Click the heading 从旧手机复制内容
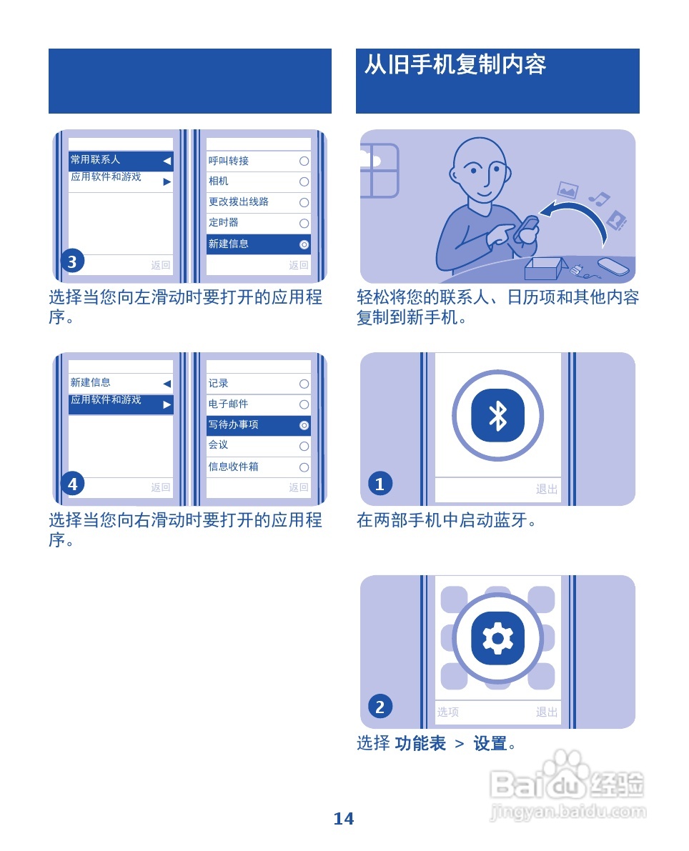click(x=455, y=65)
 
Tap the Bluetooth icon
click(x=497, y=415)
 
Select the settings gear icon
click(x=497, y=638)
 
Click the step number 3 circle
click(x=72, y=262)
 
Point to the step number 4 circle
click(x=72, y=484)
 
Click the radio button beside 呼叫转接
click(x=304, y=161)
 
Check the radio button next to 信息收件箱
click(x=304, y=467)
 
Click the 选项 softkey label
click(x=448, y=712)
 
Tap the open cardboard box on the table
click(x=545, y=269)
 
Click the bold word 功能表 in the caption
click(x=420, y=744)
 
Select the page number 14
click(x=344, y=819)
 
